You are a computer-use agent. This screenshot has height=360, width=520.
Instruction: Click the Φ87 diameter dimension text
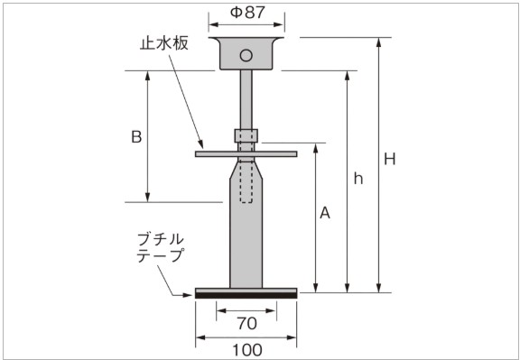click(247, 13)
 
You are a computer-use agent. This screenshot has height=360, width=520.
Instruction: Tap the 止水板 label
click(163, 43)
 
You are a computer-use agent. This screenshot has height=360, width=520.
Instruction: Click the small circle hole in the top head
click(246, 55)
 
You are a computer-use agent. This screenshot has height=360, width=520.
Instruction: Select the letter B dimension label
click(136, 136)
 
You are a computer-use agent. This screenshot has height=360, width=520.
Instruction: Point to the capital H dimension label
click(390, 160)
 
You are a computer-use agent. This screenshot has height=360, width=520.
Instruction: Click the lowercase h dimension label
click(358, 179)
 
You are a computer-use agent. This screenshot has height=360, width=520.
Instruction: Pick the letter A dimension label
click(325, 213)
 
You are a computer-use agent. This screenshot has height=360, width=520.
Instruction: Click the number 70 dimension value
click(246, 323)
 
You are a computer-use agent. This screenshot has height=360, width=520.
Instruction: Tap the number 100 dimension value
click(247, 350)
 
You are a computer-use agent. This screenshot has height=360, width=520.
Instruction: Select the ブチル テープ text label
click(161, 247)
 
